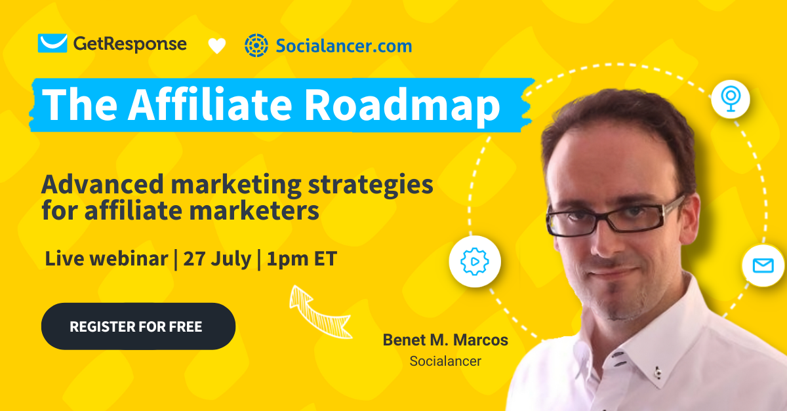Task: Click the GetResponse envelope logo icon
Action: pyautogui.click(x=52, y=43)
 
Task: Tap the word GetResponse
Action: pyautogui.click(x=130, y=45)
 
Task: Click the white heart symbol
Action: pyautogui.click(x=217, y=46)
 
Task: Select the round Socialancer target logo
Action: pyautogui.click(x=256, y=45)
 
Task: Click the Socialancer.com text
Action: pyautogui.click(x=344, y=46)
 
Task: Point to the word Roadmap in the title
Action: pyautogui.click(x=402, y=105)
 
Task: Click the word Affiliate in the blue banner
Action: pyautogui.click(x=210, y=104)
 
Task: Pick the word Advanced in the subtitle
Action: pyautogui.click(x=102, y=184)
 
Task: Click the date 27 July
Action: pyautogui.click(x=217, y=259)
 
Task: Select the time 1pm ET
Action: pyautogui.click(x=302, y=259)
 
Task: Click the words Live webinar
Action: pyautogui.click(x=107, y=258)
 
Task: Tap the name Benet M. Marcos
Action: pyautogui.click(x=445, y=340)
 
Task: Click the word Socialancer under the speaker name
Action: pyautogui.click(x=445, y=361)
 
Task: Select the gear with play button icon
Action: pyautogui.click(x=475, y=262)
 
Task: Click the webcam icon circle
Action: pyautogui.click(x=731, y=99)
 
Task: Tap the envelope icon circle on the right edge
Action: pyautogui.click(x=763, y=265)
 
